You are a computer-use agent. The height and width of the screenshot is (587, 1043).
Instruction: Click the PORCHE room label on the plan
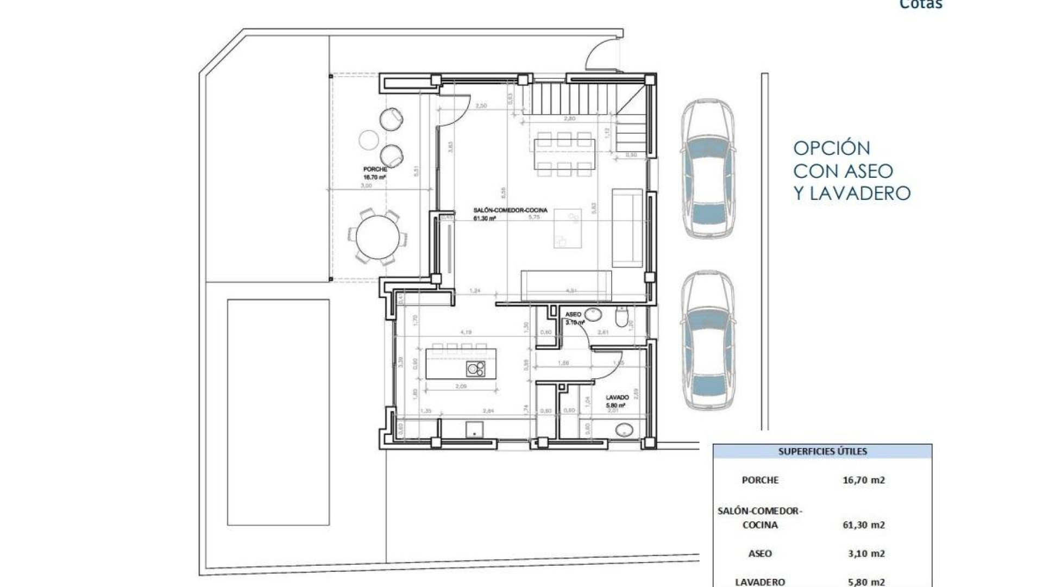click(375, 170)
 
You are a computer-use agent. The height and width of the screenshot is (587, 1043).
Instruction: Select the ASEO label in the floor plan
click(573, 315)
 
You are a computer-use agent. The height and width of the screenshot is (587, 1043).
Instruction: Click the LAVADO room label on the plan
click(617, 398)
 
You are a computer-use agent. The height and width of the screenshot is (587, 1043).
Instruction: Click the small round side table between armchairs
click(368, 139)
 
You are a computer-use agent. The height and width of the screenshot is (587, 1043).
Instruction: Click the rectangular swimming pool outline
click(278, 412)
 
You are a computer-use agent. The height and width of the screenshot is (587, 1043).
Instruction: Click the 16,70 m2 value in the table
click(864, 480)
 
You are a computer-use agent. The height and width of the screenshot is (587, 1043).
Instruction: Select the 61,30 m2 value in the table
click(864, 525)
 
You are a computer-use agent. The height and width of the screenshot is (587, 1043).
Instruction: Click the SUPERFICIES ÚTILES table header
click(822, 451)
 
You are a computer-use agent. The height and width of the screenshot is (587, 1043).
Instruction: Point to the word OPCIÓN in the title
click(832, 148)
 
